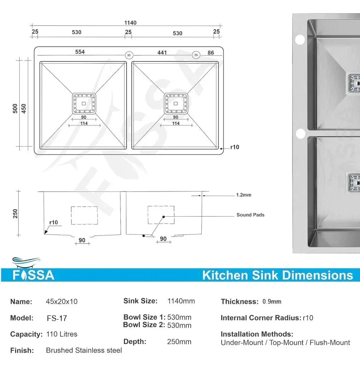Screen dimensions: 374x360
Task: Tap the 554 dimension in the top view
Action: coord(80,52)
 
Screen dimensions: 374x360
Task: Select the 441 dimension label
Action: coord(162,52)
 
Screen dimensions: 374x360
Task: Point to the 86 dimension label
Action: coord(211,53)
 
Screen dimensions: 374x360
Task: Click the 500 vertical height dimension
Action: coord(15,108)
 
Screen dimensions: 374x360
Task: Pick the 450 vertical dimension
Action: coord(24,108)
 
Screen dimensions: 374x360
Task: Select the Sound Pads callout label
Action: coord(250,215)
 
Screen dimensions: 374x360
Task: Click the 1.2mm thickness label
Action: coord(243,195)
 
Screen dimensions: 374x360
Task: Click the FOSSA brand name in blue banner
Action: coord(33,275)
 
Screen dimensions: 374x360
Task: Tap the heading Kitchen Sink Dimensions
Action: coord(277,275)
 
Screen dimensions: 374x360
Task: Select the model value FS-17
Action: coord(57,318)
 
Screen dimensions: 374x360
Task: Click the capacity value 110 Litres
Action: coord(62,334)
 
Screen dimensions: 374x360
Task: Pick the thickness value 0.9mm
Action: coord(272,302)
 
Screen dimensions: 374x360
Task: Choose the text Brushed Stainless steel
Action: coord(84,350)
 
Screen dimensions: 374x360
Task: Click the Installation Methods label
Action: coord(257,334)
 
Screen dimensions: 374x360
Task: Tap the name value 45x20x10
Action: coord(62,302)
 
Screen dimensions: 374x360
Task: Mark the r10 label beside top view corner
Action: coord(235,147)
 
